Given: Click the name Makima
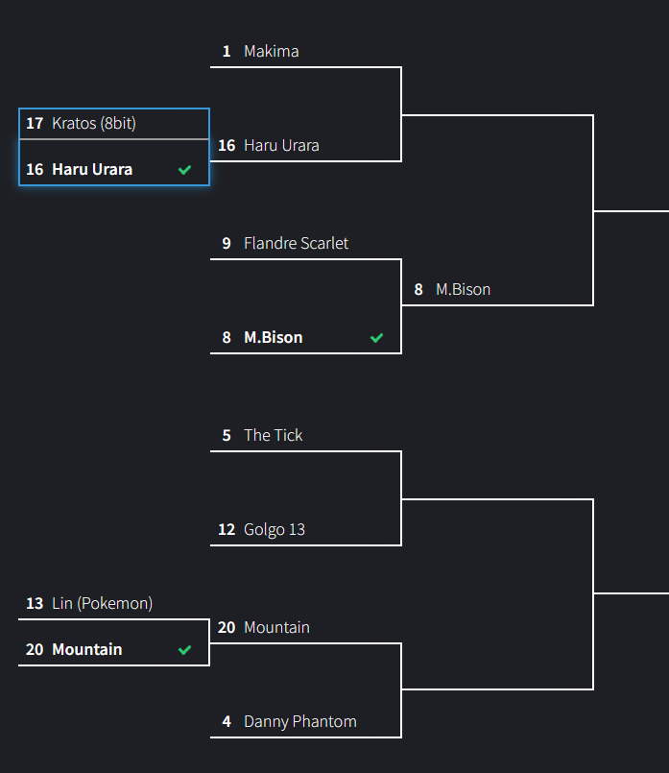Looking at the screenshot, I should (271, 51).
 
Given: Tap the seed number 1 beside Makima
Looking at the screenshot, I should (227, 51).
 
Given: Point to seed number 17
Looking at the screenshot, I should (35, 123).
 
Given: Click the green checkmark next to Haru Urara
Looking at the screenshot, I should (185, 170).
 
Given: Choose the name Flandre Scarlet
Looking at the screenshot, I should (296, 243).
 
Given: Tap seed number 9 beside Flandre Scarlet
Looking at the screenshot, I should (227, 243).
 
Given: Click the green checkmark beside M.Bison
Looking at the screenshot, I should (377, 338).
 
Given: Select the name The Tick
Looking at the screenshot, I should (273, 435).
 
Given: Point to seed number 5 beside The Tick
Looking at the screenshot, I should (227, 435).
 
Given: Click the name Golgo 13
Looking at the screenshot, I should (275, 529).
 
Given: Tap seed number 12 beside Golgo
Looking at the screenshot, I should (227, 529).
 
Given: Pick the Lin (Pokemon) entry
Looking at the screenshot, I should (102, 603).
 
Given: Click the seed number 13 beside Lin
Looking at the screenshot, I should (35, 603).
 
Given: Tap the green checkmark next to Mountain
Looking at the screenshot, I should (185, 650).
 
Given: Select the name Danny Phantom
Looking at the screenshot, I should (299, 721).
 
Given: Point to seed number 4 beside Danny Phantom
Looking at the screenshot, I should (227, 721).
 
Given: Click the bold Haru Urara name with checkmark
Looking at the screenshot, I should (92, 169).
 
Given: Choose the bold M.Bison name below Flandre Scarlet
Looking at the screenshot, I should (273, 337).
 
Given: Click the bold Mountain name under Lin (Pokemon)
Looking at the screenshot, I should (86, 649).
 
